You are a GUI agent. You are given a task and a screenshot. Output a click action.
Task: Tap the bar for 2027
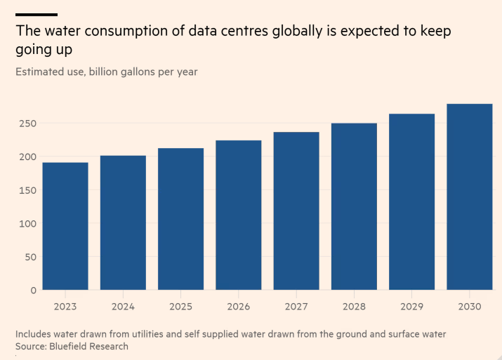296,211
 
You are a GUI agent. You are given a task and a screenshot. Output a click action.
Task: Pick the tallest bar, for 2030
470,196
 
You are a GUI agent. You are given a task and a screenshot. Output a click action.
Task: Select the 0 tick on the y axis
32,290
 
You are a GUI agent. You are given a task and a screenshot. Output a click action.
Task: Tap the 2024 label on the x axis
123,307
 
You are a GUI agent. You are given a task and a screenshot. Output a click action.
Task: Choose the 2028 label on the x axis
354,307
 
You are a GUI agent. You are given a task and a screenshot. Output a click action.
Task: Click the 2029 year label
411,307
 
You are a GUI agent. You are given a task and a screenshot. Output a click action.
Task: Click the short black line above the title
36,14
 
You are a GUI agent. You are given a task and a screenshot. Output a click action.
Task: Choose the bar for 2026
239,215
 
